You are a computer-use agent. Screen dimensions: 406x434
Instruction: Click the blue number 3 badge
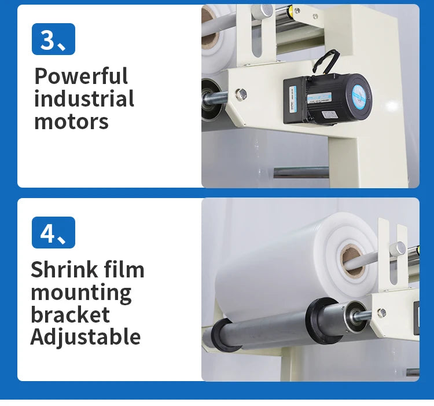pos(53,39)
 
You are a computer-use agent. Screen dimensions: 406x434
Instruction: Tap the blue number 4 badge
pos(53,233)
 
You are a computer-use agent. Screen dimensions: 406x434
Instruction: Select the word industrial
pos(84,99)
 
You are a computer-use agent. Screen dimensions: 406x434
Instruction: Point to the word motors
pos(71,122)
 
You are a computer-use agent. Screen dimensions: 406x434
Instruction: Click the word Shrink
pos(63,270)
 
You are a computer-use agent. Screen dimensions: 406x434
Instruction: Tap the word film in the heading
pos(124,270)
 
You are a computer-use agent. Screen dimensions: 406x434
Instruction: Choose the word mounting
pos(81,293)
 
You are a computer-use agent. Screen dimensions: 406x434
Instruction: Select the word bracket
pos(70,314)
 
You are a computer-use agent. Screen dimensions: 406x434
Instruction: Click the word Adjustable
pos(86,336)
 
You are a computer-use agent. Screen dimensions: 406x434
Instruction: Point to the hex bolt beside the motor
pos(241,94)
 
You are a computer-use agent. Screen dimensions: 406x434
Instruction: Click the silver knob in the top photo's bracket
pos(266,10)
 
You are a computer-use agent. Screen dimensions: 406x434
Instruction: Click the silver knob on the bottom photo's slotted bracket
pos(397,248)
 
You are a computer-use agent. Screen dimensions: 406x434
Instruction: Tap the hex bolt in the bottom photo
pos(381,313)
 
